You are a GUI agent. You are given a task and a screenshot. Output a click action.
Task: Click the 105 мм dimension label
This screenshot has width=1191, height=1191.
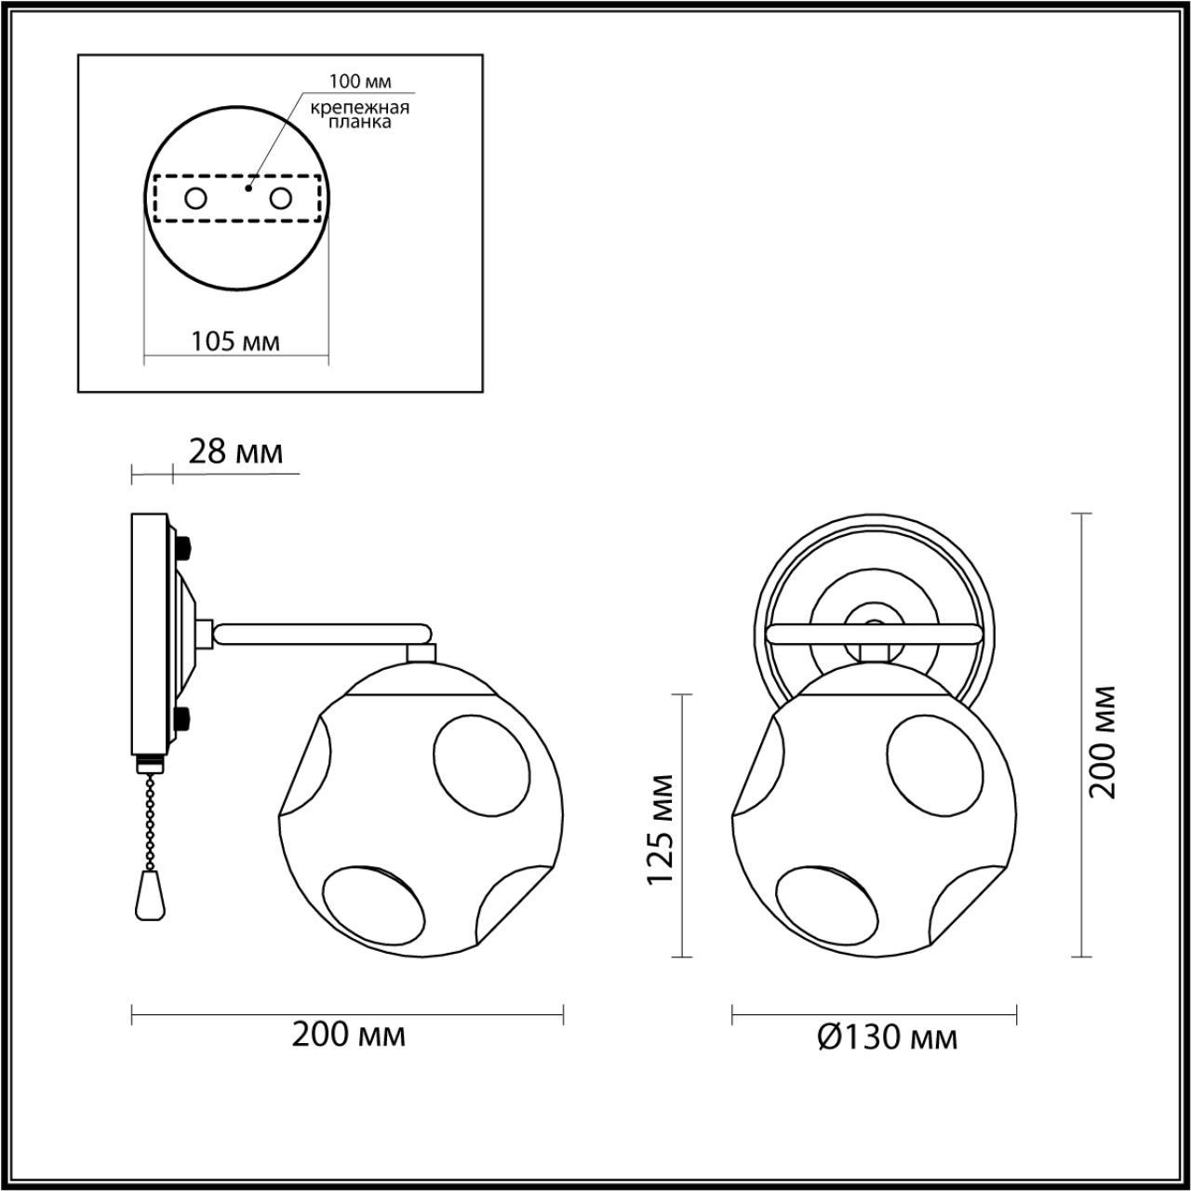(x=235, y=341)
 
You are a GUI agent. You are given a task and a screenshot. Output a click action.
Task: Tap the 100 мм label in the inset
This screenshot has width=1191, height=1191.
(x=359, y=83)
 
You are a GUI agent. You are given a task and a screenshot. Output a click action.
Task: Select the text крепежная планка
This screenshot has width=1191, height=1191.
(x=359, y=114)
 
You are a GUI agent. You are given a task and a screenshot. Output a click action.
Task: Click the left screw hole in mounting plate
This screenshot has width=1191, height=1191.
(x=195, y=198)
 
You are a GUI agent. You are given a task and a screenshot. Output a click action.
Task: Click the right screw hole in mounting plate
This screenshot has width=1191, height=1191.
(x=281, y=198)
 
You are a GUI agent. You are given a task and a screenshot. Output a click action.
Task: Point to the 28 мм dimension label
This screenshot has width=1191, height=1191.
(x=235, y=452)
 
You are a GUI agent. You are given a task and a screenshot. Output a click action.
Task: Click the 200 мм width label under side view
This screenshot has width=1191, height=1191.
(x=348, y=1034)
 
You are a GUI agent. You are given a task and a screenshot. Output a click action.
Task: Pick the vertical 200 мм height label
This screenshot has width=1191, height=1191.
(x=1104, y=741)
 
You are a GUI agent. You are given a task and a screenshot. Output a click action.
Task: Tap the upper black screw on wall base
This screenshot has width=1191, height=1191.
(x=183, y=545)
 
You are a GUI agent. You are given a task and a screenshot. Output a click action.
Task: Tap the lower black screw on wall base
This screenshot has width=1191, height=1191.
(x=183, y=717)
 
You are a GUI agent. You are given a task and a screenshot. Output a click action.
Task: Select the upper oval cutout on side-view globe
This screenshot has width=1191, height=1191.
(x=481, y=768)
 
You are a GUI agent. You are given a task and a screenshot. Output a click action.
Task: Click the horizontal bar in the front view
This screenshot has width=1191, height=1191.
(x=873, y=635)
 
